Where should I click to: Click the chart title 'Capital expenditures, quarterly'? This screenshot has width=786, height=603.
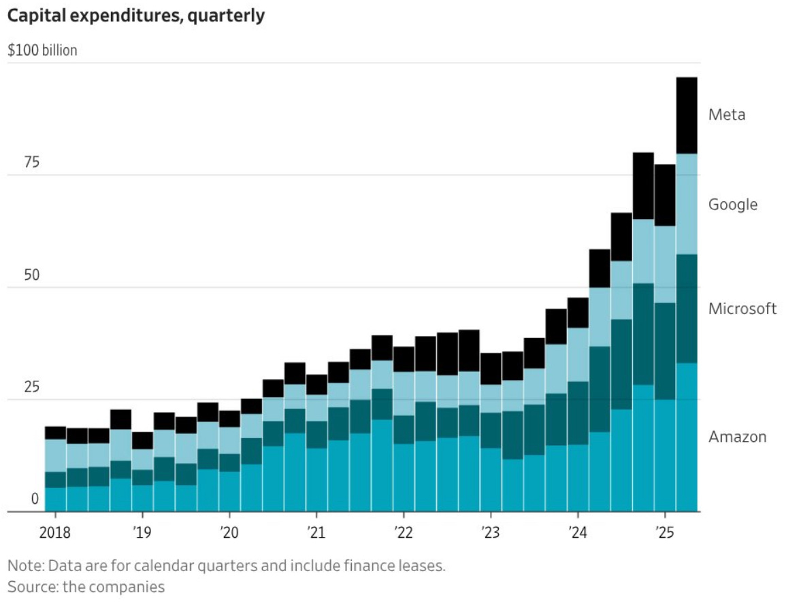click(135, 16)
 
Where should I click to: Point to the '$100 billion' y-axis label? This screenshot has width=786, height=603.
click(42, 51)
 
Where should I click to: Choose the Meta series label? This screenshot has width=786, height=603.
click(727, 114)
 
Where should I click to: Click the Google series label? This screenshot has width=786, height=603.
click(732, 205)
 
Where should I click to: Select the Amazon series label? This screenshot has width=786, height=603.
click(737, 436)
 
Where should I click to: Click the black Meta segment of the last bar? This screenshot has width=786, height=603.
click(687, 116)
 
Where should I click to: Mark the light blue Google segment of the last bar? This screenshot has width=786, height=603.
click(687, 204)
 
